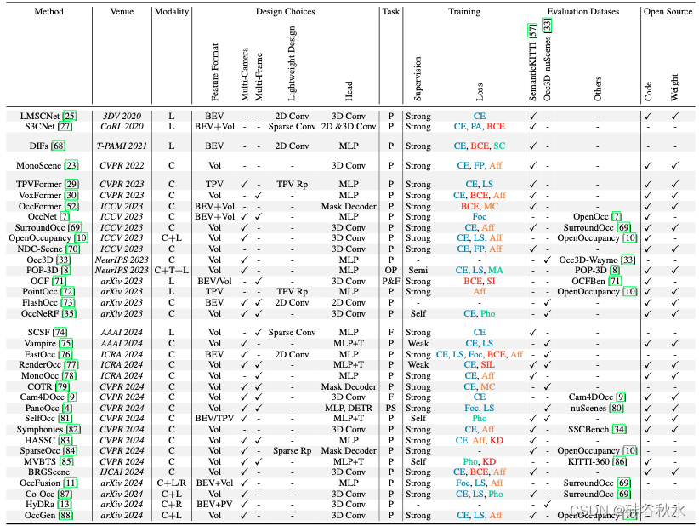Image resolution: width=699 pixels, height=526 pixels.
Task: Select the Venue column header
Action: (122, 12)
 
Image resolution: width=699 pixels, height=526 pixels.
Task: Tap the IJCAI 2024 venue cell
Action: (122, 472)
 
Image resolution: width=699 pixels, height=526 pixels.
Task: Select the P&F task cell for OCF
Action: (390, 280)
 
